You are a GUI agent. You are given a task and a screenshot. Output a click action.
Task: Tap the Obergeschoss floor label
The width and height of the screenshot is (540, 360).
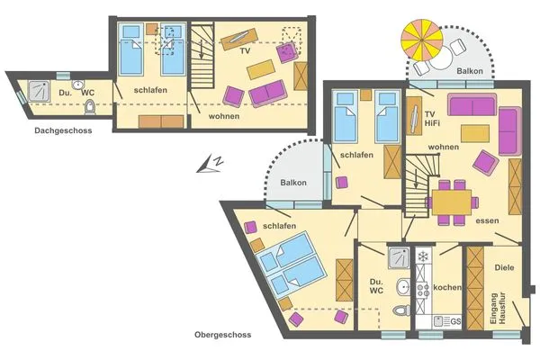click(222, 335)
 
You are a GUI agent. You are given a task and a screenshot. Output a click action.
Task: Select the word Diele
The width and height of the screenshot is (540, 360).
click(503, 267)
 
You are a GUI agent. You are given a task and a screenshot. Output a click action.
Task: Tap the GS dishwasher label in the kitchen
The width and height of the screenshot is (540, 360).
click(455, 320)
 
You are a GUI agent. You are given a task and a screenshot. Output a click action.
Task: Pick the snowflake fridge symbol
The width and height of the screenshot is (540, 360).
click(423, 257)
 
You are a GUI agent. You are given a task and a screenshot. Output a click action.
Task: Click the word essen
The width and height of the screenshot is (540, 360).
click(487, 220)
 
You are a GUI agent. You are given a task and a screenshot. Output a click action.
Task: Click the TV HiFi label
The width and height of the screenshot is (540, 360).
click(416, 119)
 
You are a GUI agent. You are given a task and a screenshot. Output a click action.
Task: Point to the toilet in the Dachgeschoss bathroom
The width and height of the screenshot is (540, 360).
click(91, 108)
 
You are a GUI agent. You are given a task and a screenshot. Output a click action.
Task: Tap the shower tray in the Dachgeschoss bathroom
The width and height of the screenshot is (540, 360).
click(40, 90)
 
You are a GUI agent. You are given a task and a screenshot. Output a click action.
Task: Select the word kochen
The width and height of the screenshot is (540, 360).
click(447, 288)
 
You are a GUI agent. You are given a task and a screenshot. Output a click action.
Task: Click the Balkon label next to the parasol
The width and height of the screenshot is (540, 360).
click(471, 71)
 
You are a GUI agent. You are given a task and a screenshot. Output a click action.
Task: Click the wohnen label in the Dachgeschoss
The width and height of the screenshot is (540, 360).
click(224, 117)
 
